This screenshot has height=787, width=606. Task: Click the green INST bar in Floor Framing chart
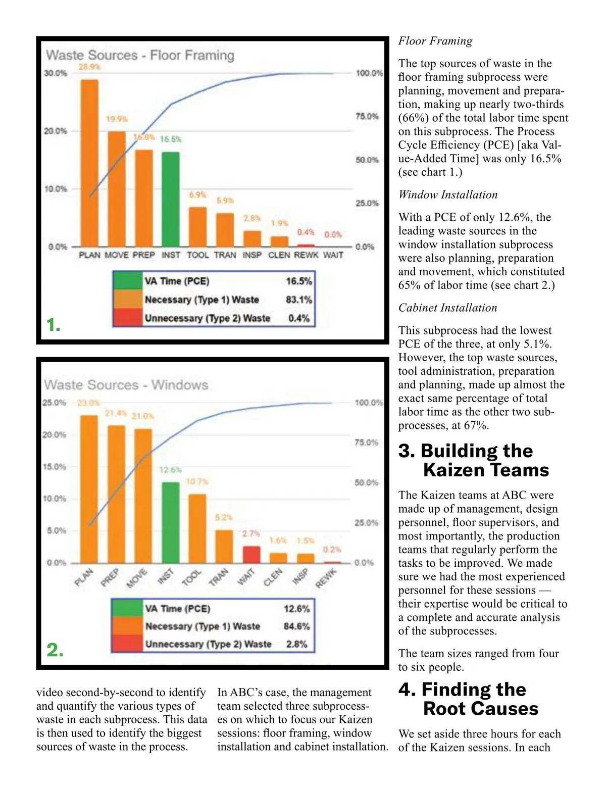tap(171, 199)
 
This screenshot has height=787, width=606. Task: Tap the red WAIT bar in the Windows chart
tap(251, 554)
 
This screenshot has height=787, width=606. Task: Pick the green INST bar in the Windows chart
tap(170, 522)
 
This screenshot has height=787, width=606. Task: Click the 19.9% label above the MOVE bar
tap(117, 119)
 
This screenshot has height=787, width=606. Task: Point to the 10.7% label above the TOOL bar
tap(197, 482)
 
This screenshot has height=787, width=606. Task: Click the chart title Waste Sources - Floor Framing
tap(140, 55)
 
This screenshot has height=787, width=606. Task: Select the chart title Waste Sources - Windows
tap(126, 385)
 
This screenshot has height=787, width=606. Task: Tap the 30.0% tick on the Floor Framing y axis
tap(56, 73)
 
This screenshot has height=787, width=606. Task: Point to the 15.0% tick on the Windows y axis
tap(55, 467)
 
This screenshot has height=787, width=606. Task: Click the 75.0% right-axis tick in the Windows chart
tap(366, 442)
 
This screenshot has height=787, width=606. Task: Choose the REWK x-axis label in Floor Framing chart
tap(306, 255)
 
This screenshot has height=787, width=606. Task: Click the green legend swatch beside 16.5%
tap(128, 281)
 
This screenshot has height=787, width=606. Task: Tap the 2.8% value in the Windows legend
tap(296, 644)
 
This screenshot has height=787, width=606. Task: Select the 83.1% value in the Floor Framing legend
tap(298, 300)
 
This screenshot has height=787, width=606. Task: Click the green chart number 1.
tap(53, 325)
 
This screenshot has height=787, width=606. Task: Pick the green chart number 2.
tap(55, 650)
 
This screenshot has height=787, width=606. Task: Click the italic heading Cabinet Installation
tap(447, 308)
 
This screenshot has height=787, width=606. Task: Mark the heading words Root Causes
tap(481, 709)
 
